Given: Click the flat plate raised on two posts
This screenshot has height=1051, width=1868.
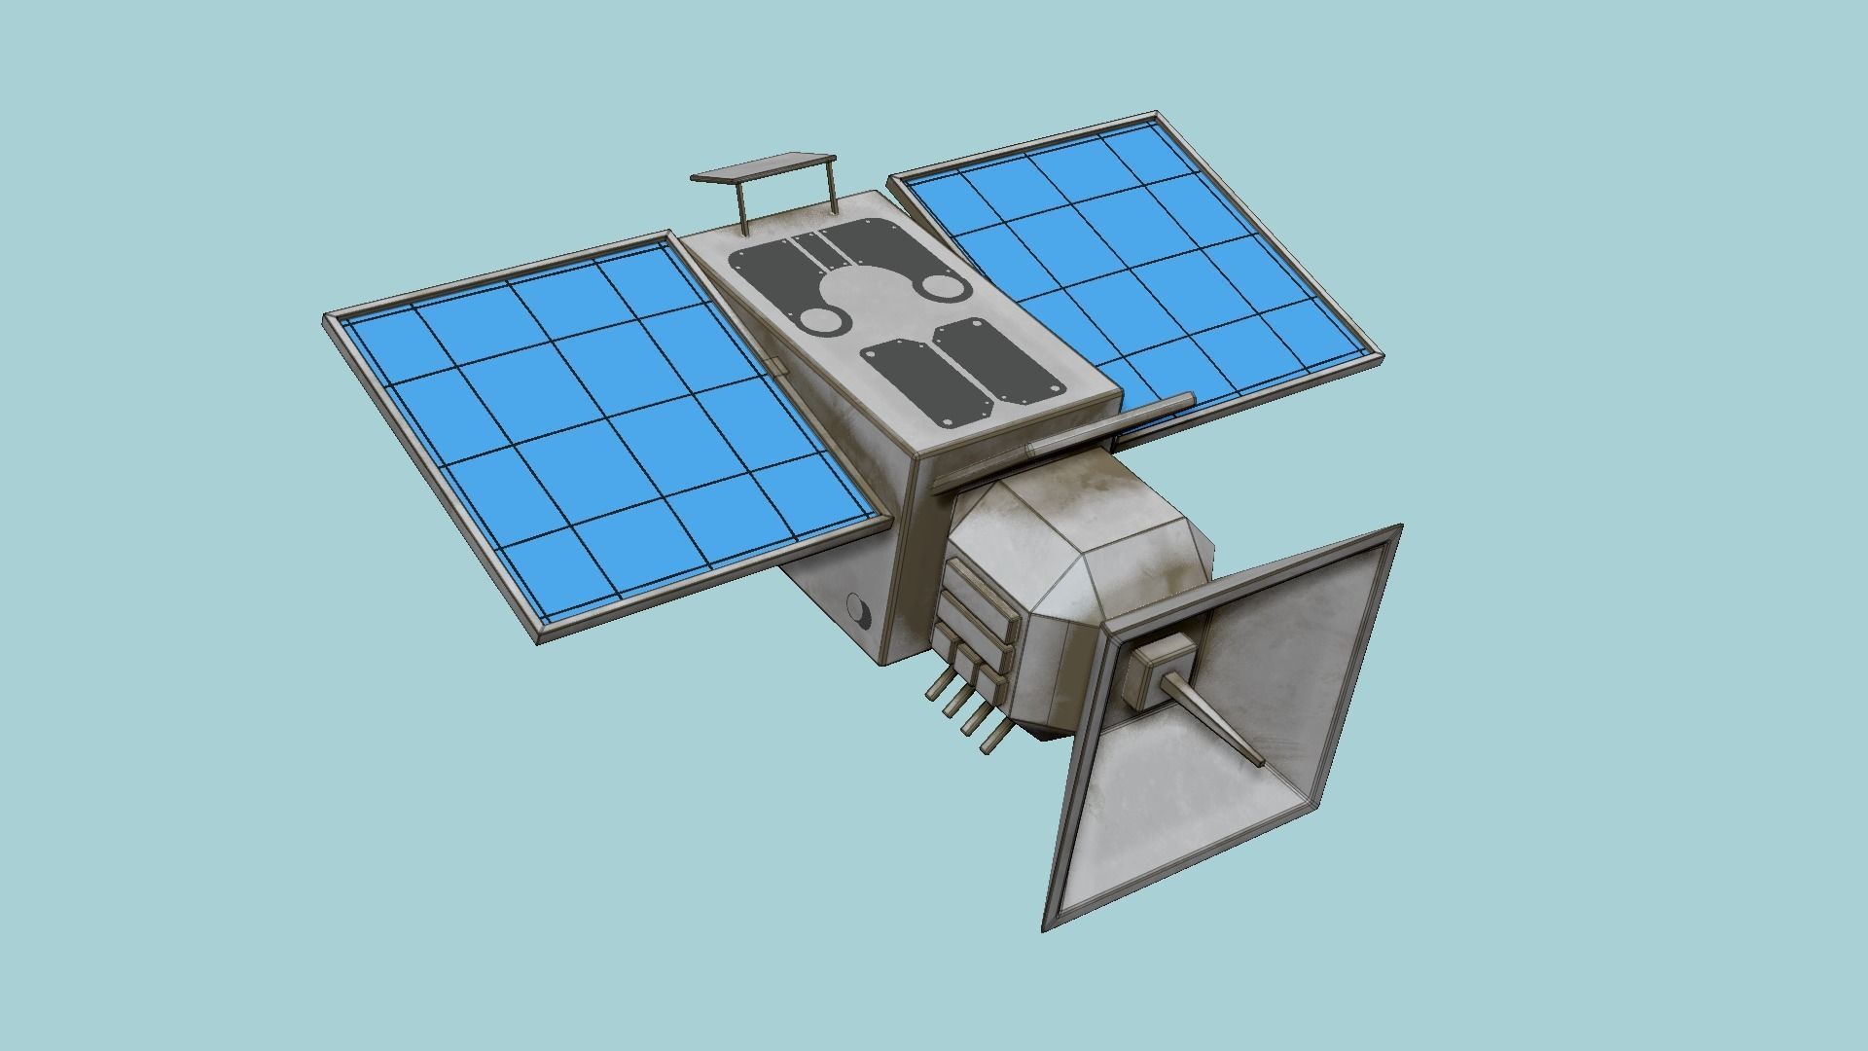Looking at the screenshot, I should click(x=764, y=168).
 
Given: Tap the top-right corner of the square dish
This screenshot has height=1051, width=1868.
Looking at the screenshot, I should click(x=1398, y=528).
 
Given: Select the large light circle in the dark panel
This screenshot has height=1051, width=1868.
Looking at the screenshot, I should click(x=858, y=292).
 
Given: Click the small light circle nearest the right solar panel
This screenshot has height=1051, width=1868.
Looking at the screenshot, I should click(x=940, y=285).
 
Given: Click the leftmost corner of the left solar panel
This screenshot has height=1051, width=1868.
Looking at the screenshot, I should click(x=327, y=318).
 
